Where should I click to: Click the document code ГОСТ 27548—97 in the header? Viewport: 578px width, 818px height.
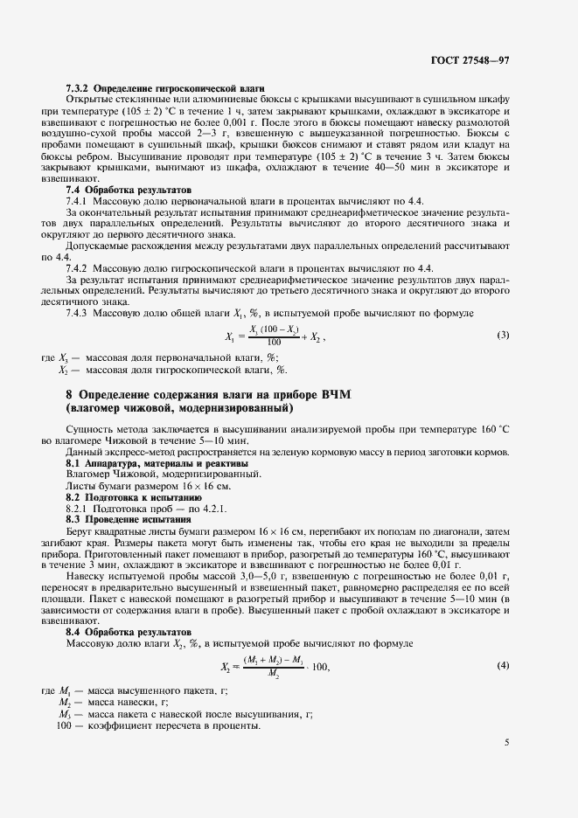(x=495, y=61)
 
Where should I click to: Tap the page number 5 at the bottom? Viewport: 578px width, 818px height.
(x=506, y=743)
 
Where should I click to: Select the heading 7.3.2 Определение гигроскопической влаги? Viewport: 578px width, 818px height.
(x=166, y=89)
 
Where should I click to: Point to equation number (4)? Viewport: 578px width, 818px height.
(x=503, y=666)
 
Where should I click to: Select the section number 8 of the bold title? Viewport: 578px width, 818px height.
(x=69, y=394)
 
